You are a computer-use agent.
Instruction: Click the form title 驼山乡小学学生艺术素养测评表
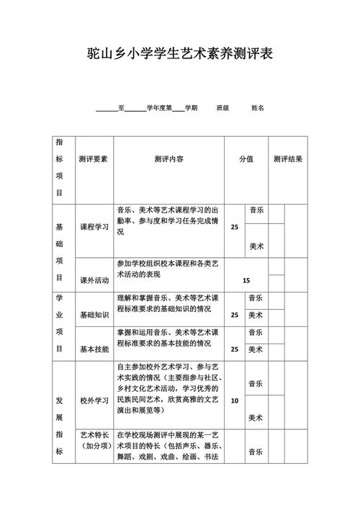(x=180, y=53)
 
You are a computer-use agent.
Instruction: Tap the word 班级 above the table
(x=222, y=108)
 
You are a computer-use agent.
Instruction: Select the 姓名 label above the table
(x=258, y=108)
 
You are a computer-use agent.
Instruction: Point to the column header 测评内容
(x=168, y=159)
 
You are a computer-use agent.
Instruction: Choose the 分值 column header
(x=246, y=159)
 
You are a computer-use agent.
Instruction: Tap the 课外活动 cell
(x=94, y=280)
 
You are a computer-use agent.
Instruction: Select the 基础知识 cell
(x=94, y=315)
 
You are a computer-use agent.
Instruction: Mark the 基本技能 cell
(x=94, y=349)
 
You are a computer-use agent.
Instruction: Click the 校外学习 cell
(x=94, y=401)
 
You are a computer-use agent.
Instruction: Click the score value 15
(x=246, y=280)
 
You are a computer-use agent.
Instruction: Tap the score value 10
(x=235, y=401)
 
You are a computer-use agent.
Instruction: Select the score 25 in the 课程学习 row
(x=235, y=227)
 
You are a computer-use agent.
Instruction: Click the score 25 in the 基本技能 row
(x=235, y=349)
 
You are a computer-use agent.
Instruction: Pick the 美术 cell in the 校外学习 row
(x=256, y=418)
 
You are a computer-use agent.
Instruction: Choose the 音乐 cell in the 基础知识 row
(x=256, y=297)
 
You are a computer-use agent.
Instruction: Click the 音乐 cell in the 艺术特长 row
(x=256, y=452)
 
